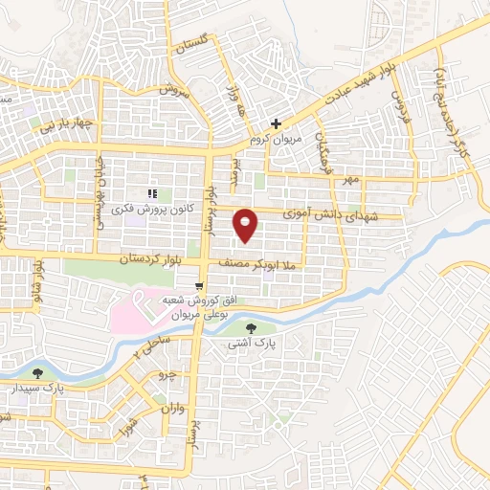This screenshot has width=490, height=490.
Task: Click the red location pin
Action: (246, 225)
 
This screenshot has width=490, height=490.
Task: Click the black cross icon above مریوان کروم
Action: (276, 123)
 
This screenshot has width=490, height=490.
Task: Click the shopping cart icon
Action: (199, 284)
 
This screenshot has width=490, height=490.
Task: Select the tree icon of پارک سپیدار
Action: (38, 374)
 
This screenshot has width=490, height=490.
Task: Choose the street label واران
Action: (171, 410)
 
